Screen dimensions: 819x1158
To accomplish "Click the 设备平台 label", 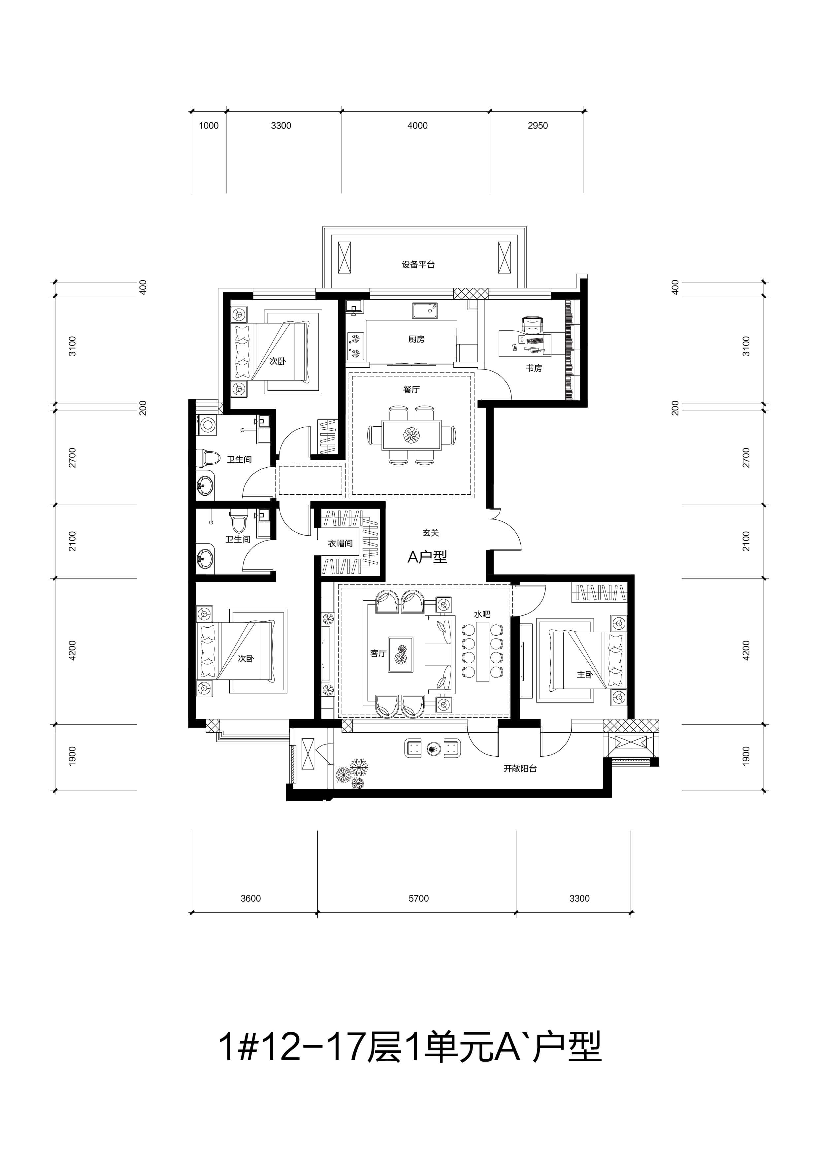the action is (418, 265).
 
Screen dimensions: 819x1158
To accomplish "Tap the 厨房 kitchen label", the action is (416, 340).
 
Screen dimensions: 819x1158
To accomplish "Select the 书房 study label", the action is (534, 368).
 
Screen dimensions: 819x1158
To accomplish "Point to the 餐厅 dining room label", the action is (411, 389).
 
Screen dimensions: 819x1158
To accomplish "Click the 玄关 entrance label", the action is (431, 533).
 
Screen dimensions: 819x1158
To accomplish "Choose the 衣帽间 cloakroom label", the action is (341, 543).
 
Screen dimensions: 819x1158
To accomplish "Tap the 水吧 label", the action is (482, 614).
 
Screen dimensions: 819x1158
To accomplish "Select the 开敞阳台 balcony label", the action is (520, 769).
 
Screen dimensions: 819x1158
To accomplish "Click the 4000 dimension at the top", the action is (417, 126).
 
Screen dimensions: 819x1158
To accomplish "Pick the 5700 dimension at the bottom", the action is (419, 898).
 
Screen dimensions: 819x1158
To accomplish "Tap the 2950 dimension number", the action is (538, 126).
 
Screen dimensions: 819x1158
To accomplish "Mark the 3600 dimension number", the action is (251, 898).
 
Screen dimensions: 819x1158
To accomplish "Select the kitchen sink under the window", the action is (425, 311).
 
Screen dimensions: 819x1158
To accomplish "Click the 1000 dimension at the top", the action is (209, 126).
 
